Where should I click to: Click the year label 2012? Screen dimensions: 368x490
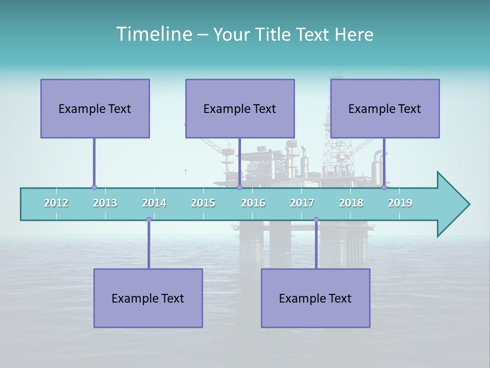[x=56, y=203]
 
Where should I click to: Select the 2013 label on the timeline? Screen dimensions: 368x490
[x=105, y=203]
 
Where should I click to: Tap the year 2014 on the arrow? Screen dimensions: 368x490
[x=154, y=203]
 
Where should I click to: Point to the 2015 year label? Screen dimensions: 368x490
[x=203, y=203]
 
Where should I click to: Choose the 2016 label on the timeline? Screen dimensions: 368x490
[x=253, y=203]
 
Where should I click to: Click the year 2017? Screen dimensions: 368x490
[x=302, y=203]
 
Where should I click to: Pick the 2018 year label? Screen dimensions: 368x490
[x=351, y=203]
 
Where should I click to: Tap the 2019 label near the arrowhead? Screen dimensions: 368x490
[x=400, y=203]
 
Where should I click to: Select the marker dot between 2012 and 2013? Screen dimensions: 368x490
[x=94, y=188]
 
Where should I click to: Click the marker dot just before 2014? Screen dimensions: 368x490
[x=149, y=220]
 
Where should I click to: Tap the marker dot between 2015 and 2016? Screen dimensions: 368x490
[x=239, y=188]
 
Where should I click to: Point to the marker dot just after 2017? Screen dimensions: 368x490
[x=316, y=220]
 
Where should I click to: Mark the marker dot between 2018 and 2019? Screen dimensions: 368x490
[x=384, y=188]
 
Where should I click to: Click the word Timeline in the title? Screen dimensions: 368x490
[x=154, y=34]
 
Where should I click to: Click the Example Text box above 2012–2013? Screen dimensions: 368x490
[x=95, y=108]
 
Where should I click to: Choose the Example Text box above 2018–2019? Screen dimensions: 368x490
[x=385, y=108]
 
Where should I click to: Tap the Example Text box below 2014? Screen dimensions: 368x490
[x=148, y=298]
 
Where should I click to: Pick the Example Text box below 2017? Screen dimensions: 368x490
[x=315, y=298]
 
